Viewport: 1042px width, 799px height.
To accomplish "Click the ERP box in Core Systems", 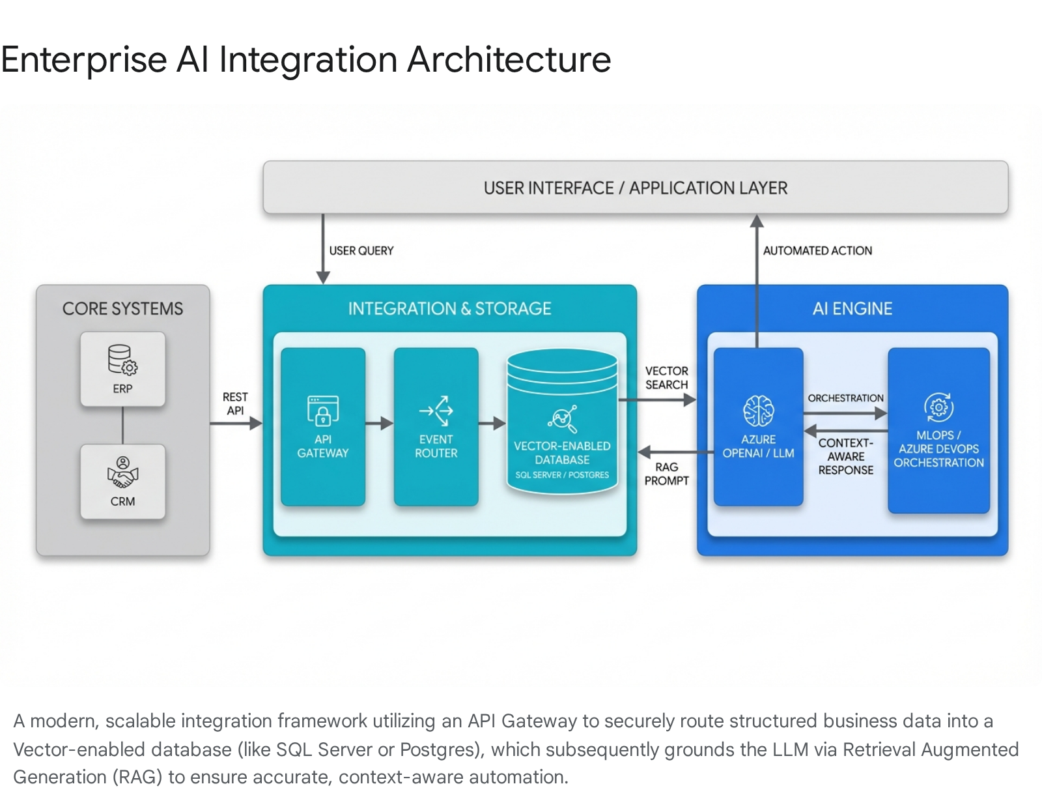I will coord(122,369).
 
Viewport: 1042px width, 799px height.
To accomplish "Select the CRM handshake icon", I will coord(122,473).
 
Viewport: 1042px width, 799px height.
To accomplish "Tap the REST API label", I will coord(235,403).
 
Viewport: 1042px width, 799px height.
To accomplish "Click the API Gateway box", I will coord(323,427).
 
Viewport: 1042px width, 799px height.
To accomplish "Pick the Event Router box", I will coord(436,427).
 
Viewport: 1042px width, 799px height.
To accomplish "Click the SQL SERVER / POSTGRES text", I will coord(562,475).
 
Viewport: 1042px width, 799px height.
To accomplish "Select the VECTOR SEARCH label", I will coord(666,378).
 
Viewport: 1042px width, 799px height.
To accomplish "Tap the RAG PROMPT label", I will coord(666,474).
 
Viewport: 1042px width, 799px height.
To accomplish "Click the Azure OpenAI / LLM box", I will coord(758,427).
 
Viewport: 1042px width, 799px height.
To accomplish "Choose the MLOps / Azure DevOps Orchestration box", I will coord(938,430).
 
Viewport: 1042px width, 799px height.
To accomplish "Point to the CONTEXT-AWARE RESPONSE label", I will coord(845,456).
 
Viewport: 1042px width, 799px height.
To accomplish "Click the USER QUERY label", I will coord(361,251).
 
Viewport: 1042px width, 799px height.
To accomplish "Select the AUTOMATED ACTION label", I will coord(817,251).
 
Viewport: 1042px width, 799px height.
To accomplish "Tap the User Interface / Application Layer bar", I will coord(635,188).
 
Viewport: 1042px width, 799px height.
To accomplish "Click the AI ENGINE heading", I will coord(852,309).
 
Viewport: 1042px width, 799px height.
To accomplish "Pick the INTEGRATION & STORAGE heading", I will coord(449,309).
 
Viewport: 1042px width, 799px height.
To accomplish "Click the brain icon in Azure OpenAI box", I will coord(758,411).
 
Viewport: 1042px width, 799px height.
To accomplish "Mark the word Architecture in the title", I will coord(509,60).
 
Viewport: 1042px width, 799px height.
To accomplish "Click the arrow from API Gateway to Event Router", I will coord(379,424).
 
